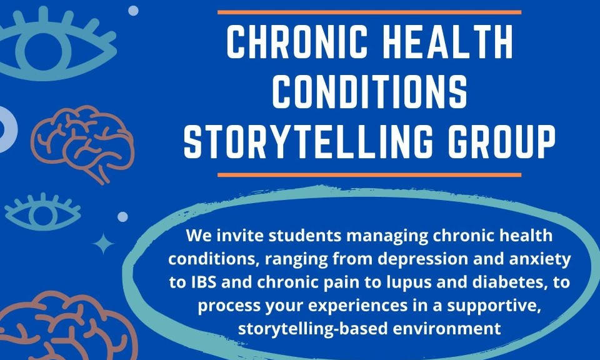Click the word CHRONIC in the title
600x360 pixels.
click(x=297, y=42)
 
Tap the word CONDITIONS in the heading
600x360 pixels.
click(x=369, y=91)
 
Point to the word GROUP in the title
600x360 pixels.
click(x=502, y=141)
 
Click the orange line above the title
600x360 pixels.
click(x=369, y=12)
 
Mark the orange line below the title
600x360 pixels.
click(x=369, y=175)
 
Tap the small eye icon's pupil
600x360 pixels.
click(x=43, y=215)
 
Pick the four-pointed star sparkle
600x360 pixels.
click(x=103, y=244)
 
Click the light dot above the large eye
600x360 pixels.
click(x=133, y=11)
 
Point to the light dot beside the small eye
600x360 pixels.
click(x=122, y=217)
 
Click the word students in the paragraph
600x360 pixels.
click(x=305, y=236)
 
